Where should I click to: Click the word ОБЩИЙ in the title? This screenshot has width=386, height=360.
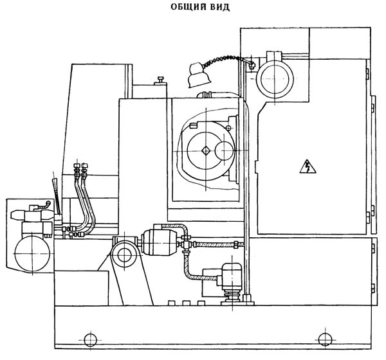click(188, 6)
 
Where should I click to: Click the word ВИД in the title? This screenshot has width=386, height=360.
click(220, 7)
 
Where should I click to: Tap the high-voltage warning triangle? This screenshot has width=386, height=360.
click(308, 166)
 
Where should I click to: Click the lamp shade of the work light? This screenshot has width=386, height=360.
click(198, 75)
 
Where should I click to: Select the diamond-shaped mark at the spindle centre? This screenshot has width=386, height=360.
click(206, 150)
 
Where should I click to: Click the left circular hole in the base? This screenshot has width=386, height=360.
click(90, 339)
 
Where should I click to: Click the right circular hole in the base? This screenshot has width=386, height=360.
click(325, 339)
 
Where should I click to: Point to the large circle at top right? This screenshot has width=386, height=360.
click(275, 78)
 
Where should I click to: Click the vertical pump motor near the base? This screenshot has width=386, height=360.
click(232, 277)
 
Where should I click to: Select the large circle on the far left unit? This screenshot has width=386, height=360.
click(32, 254)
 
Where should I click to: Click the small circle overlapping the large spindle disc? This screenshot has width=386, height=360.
click(225, 151)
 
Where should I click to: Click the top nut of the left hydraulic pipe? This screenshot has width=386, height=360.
click(77, 165)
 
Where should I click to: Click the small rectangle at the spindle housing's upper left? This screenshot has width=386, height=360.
click(193, 126)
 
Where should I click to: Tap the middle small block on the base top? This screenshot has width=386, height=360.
click(186, 303)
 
